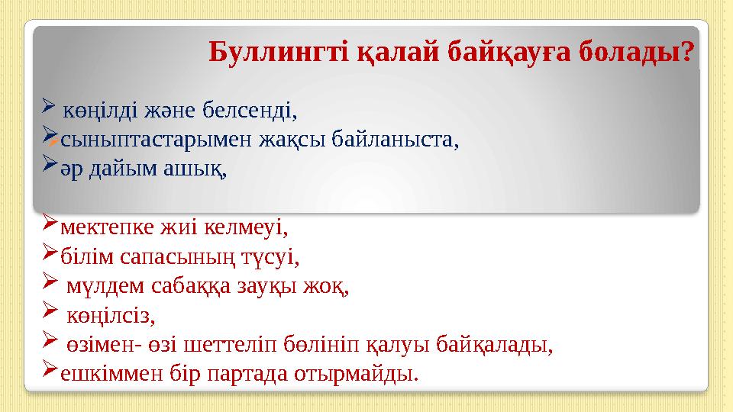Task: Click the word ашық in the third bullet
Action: (195, 169)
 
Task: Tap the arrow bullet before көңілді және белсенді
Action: (49, 106)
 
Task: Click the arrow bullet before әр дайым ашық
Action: (49, 163)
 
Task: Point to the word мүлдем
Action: (105, 286)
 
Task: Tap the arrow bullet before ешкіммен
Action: (49, 368)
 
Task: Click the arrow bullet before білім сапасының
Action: (49, 251)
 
